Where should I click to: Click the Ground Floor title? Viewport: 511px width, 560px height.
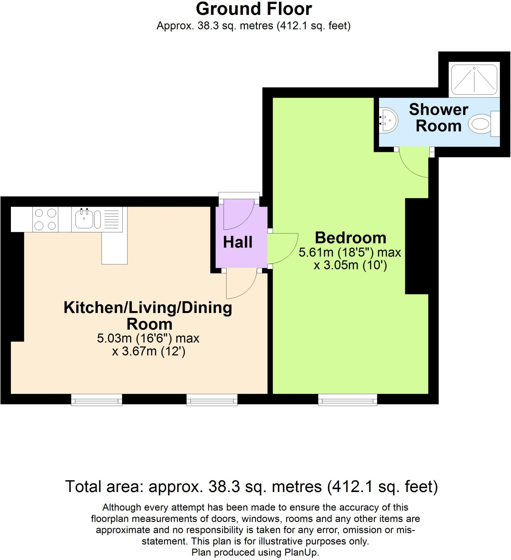[x=254, y=9]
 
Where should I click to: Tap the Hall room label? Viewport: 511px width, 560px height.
[x=237, y=242]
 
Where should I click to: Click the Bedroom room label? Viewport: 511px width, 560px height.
[x=350, y=238]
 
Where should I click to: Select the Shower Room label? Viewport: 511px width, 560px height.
[x=438, y=118]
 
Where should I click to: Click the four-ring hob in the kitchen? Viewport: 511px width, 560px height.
[x=45, y=220]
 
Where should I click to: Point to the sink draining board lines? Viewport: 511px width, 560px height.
[x=111, y=219]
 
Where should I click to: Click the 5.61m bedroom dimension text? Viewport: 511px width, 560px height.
[x=350, y=253]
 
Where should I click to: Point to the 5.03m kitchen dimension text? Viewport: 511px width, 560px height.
[x=148, y=338]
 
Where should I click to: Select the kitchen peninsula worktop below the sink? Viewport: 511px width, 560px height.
[x=114, y=248]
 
